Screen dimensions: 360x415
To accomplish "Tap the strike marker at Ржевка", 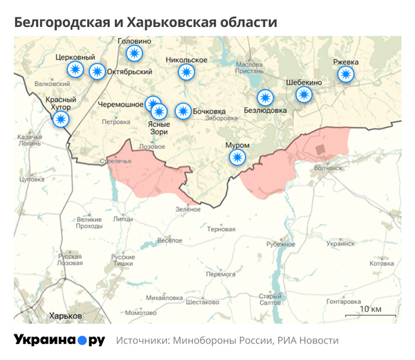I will click(346, 73).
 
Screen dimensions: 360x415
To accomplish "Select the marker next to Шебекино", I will click(304, 95).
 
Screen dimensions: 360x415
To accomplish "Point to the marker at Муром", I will click(238, 159).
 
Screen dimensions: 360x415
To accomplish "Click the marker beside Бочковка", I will click(183, 111).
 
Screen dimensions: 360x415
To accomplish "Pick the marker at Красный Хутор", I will click(61, 120).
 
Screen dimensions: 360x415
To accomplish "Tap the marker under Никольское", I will click(186, 72).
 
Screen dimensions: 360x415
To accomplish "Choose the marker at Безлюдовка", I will click(265, 98).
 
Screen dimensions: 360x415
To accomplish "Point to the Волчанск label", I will click(328, 167).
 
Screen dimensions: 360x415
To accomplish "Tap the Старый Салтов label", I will click(270, 299).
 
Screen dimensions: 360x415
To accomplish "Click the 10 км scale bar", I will click(375, 312).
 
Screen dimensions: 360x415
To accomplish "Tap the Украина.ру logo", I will click(59, 340).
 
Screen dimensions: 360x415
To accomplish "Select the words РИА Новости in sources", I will click(308, 341).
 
